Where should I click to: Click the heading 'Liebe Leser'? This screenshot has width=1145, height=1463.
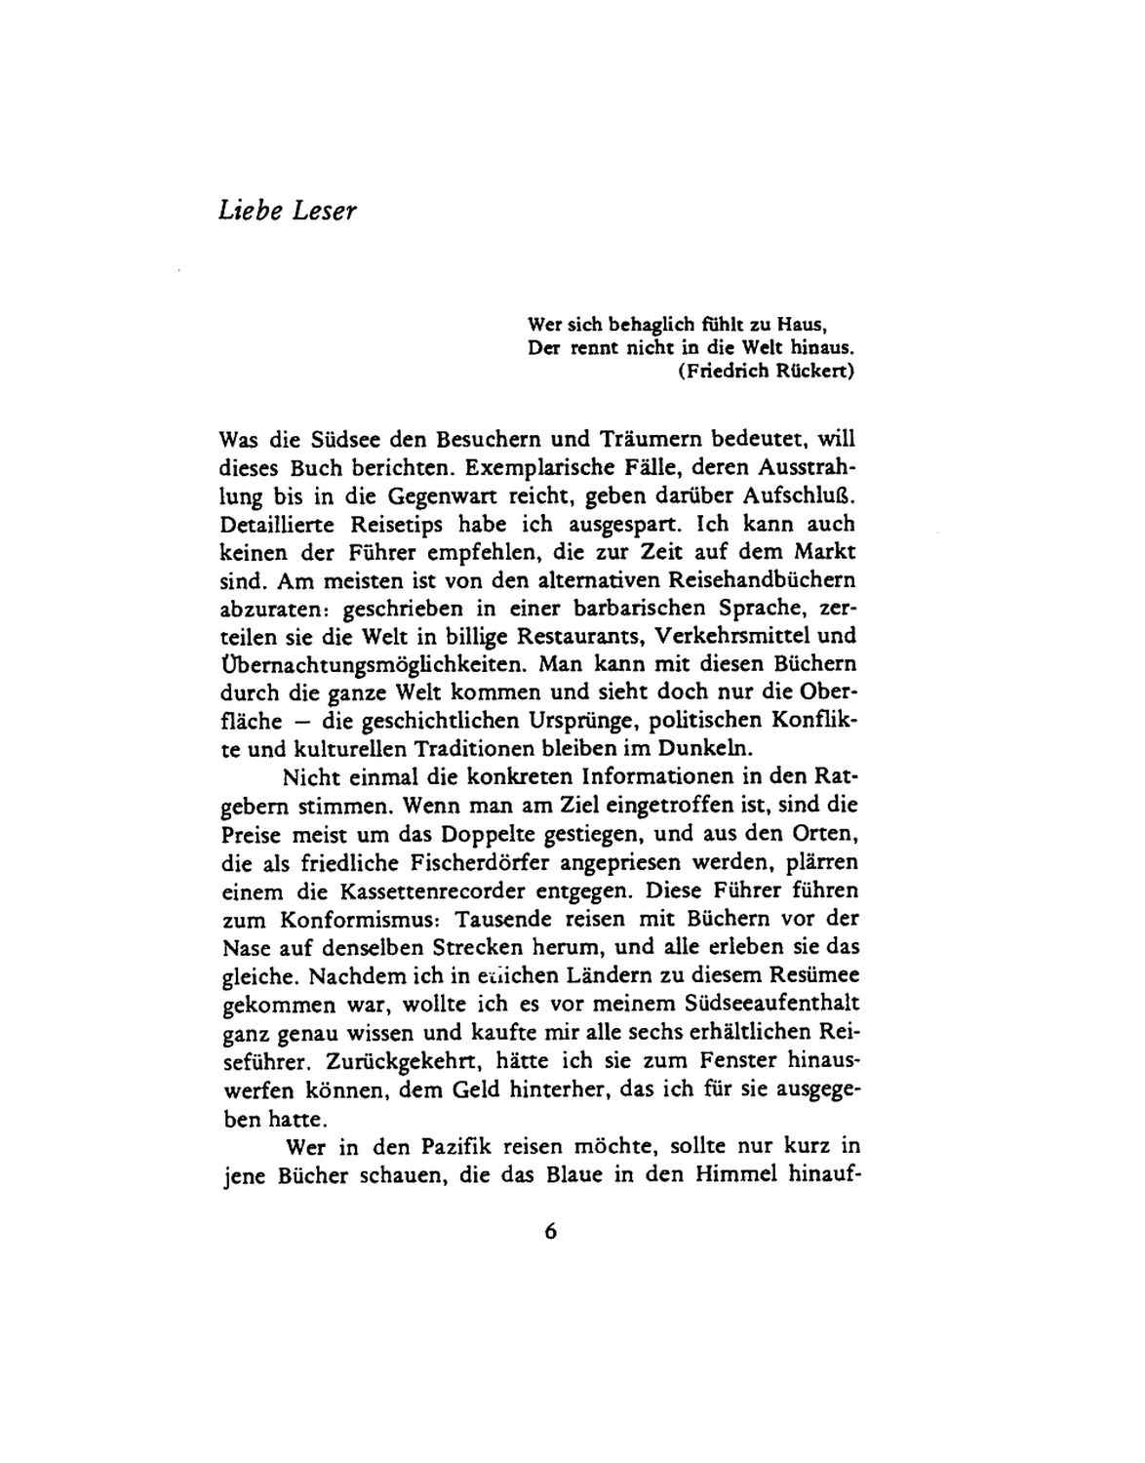coord(288,211)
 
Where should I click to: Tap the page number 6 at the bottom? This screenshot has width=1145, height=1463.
coord(551,1231)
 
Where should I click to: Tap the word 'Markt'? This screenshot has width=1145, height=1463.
coord(821,551)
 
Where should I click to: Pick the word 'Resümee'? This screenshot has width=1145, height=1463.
coord(807,975)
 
